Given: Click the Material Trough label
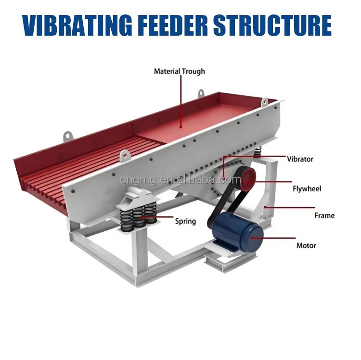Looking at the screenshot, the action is click(180, 71).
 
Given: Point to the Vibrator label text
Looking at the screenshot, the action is click(300, 159).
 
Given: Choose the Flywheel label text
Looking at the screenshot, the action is click(307, 189).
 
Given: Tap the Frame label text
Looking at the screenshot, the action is click(324, 215).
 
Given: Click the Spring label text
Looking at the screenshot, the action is click(185, 221).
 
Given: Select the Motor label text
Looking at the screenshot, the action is click(306, 245).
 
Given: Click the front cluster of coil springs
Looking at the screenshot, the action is click(139, 217).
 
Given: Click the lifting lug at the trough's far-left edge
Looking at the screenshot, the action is click(68, 135).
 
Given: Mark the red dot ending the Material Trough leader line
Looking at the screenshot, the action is click(181, 127).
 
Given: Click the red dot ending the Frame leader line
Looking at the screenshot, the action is click(265, 207).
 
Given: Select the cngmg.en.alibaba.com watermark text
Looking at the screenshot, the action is click(180, 180).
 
